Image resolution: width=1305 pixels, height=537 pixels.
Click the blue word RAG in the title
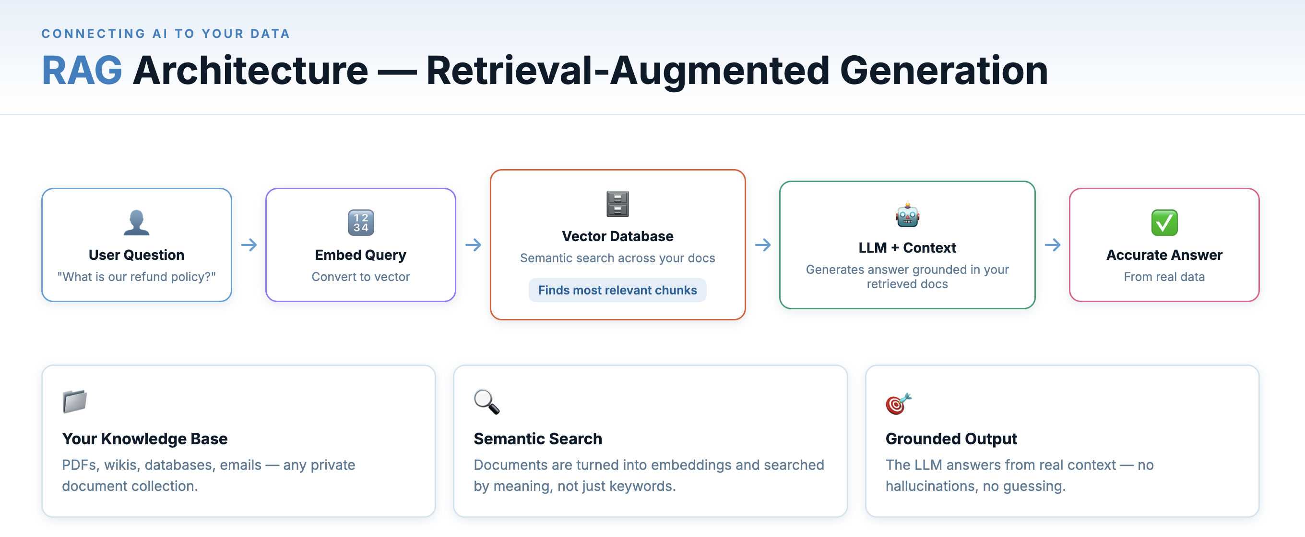(82, 71)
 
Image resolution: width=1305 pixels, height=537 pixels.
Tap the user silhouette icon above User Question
(136, 222)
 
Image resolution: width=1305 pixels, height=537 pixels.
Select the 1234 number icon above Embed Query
(361, 222)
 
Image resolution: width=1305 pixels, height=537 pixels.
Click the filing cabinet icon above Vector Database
(617, 204)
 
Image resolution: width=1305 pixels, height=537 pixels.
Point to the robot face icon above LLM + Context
(907, 216)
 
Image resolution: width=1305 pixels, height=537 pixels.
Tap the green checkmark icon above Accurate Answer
(1163, 222)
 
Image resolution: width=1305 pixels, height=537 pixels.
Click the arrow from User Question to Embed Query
(249, 245)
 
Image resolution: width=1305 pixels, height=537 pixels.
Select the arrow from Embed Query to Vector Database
(473, 245)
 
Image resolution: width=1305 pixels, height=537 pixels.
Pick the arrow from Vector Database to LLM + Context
(762, 245)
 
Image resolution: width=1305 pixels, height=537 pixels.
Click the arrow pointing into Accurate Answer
(1052, 245)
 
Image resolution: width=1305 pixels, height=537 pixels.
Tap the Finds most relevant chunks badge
(617, 290)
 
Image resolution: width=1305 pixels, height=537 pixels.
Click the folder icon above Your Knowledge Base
(74, 402)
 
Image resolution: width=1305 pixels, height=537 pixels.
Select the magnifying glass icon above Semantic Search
(486, 402)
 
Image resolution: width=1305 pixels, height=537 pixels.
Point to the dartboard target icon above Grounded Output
(898, 403)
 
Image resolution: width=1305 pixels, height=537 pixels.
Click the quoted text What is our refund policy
(136, 277)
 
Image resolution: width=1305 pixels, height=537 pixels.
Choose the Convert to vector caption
(361, 277)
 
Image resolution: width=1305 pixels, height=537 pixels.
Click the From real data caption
(1163, 277)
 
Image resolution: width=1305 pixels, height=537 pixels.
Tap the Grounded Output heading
(950, 439)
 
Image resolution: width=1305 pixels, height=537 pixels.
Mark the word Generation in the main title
(943, 71)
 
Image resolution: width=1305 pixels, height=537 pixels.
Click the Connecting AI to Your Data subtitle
(165, 34)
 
